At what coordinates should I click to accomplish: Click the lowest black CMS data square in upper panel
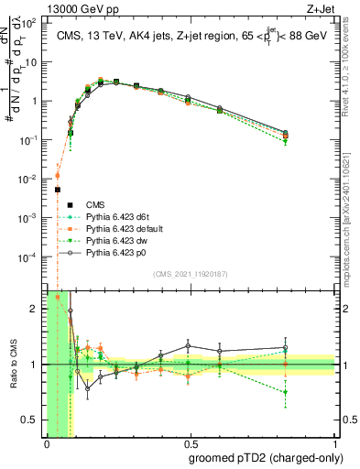click(x=57, y=190)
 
